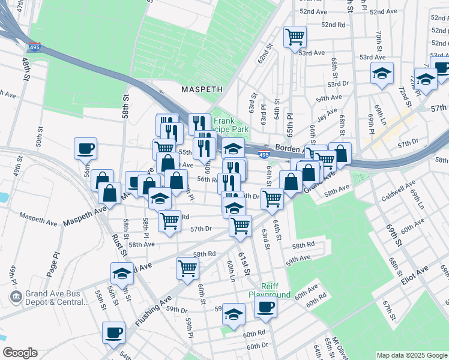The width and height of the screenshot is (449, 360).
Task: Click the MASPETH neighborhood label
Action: click(x=202, y=89)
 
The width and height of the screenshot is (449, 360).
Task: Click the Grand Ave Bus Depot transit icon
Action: click(x=16, y=296)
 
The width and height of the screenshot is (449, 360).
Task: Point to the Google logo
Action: click(x=20, y=353)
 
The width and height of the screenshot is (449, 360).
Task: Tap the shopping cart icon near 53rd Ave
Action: click(x=295, y=37)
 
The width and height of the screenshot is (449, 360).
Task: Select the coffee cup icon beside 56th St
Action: click(x=85, y=148)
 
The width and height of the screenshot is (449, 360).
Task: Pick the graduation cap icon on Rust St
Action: click(x=122, y=274)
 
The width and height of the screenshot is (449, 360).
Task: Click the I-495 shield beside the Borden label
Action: click(x=264, y=155)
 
